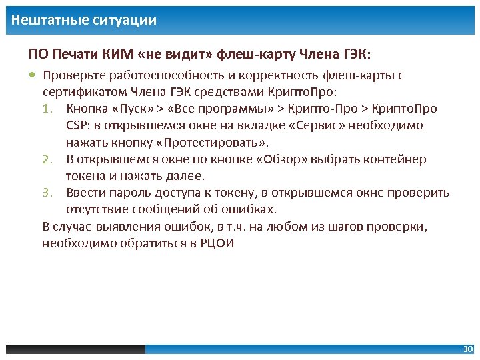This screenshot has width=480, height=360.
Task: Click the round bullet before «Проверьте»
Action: (x=33, y=75)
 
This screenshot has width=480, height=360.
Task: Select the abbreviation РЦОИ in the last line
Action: (x=217, y=243)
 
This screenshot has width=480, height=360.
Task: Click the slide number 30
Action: (x=467, y=349)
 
